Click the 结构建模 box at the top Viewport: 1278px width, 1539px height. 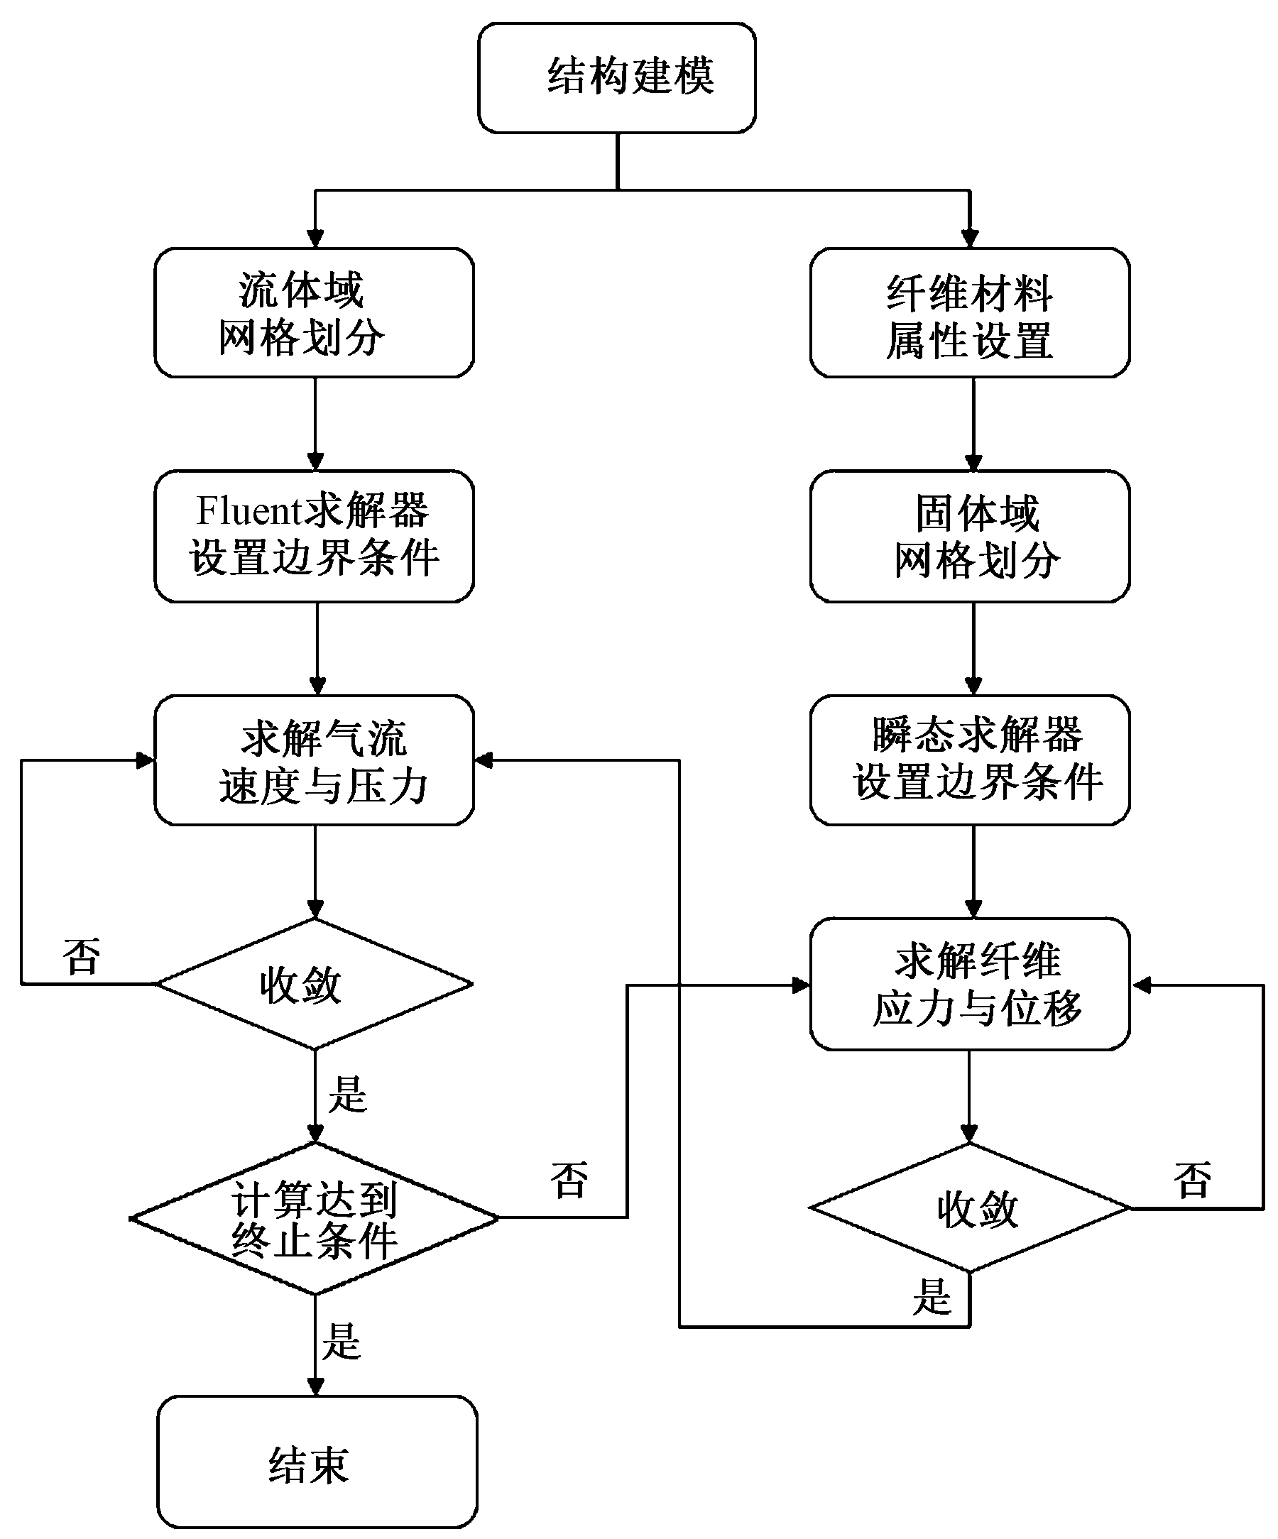coord(617,77)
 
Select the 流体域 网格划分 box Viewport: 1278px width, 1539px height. coord(314,313)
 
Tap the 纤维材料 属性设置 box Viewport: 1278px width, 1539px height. coord(969,313)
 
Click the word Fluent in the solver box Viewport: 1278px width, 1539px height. coord(249,511)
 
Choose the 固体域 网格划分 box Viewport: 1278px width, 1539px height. coord(969,537)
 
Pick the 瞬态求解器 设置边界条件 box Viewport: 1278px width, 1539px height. coord(969,760)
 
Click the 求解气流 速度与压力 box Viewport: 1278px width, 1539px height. coord(314,760)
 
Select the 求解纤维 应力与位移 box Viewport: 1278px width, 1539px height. coord(969,983)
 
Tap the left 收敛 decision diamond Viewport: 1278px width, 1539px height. coord(314,984)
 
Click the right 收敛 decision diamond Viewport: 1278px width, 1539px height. coord(969,1208)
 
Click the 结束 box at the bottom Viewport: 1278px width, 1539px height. coord(317,1463)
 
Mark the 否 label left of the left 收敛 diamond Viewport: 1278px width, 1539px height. coord(82,957)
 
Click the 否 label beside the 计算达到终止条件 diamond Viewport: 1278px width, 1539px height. coord(569,1181)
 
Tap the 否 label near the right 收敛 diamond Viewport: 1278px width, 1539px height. coord(1192,1181)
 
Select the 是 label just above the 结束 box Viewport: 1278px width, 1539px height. coord(342,1342)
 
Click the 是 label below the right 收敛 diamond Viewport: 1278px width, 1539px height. coord(932,1296)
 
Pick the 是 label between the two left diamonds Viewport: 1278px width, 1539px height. coord(347,1095)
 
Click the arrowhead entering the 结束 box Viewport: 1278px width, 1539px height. coord(315,1386)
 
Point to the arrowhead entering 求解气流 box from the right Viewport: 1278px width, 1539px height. coord(484,760)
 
